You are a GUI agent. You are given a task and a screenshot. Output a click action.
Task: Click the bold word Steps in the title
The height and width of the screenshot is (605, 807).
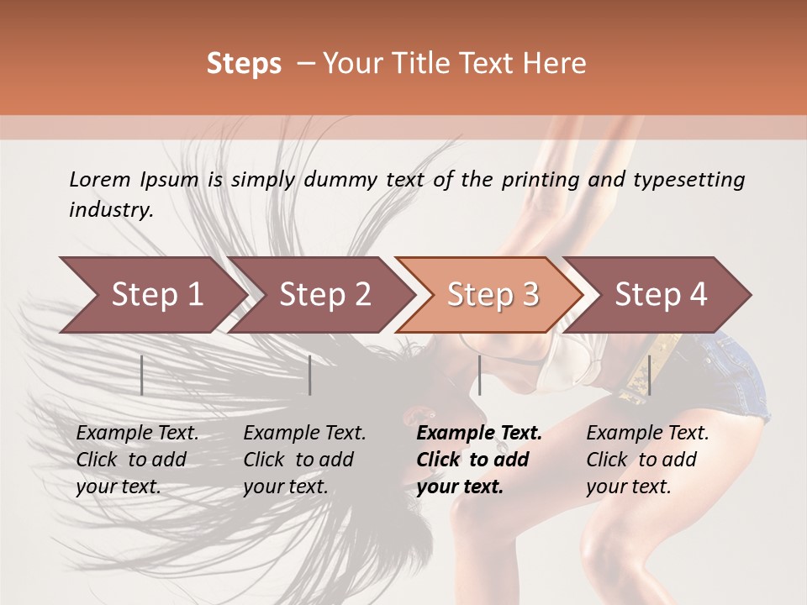pyautogui.click(x=244, y=64)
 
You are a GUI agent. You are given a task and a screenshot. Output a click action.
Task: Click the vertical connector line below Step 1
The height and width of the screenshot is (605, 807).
pyautogui.click(x=142, y=375)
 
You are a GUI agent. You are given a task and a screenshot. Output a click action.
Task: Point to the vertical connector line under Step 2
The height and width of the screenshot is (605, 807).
pyautogui.click(x=310, y=375)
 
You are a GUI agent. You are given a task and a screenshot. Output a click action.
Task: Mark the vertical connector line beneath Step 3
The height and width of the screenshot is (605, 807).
pyautogui.click(x=479, y=375)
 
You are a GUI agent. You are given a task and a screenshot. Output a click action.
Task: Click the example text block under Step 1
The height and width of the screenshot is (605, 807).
pyautogui.click(x=137, y=460)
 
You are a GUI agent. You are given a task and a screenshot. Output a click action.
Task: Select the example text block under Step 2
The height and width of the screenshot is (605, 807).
pyautogui.click(x=304, y=460)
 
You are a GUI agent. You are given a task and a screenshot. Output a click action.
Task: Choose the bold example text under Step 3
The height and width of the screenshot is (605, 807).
pyautogui.click(x=479, y=460)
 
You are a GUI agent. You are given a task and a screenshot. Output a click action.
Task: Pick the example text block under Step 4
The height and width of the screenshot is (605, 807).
pyautogui.click(x=647, y=460)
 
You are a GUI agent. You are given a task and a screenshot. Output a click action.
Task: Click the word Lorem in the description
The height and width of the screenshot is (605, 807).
pyautogui.click(x=100, y=179)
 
